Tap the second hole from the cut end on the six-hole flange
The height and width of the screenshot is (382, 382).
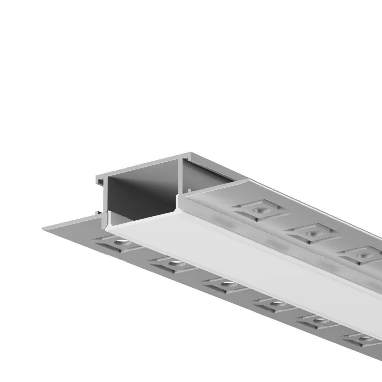tap(174, 263)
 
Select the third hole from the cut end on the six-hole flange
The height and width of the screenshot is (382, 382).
tap(227, 284)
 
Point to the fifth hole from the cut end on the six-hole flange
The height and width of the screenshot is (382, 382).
tap(319, 320)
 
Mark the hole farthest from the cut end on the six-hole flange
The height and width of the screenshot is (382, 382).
tap(365, 339)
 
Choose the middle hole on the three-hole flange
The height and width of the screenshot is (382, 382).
tap(312, 232)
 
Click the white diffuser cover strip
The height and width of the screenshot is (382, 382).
tap(249, 259)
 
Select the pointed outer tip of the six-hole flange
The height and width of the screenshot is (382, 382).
tap(44, 228)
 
